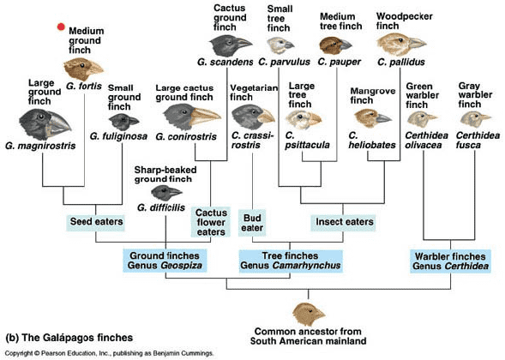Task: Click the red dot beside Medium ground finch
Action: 61,27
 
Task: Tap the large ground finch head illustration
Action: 45,123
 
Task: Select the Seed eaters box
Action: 96,222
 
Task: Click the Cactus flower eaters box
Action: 211,222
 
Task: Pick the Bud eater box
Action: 252,223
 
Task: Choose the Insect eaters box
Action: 343,222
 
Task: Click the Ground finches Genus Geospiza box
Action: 165,261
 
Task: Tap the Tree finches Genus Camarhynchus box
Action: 291,261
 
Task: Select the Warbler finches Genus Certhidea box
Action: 451,261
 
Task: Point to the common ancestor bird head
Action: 309,314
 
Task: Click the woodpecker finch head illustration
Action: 401,44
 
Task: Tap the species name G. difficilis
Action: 161,207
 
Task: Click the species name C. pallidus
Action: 401,62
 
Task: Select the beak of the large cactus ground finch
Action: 206,117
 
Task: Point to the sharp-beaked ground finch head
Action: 166,193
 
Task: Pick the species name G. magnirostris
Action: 40,146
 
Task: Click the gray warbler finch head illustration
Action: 475,119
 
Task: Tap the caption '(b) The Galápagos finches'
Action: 69,338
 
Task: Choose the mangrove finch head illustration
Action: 373,118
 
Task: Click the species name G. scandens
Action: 225,62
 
